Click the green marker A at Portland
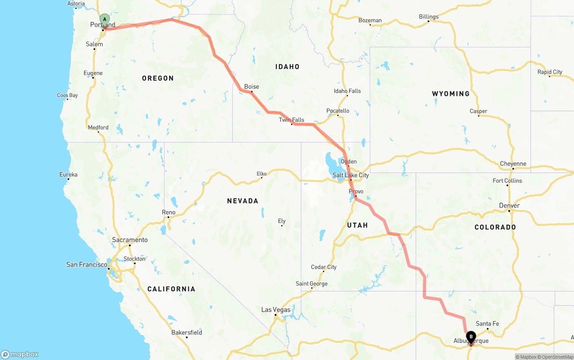104,19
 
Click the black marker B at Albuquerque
471,337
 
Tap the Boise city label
252,87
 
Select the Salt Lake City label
351,175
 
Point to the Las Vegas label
276,310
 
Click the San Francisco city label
87,265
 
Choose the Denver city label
509,206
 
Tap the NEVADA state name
243,201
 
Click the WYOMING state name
451,94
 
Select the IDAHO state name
287,67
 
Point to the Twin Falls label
291,120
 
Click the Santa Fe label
487,324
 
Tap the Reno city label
169,212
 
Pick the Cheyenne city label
513,164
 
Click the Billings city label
429,17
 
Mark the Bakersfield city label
187,333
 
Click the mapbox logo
20,355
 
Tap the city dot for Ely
282,226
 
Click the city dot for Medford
98,132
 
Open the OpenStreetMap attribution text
557,357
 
